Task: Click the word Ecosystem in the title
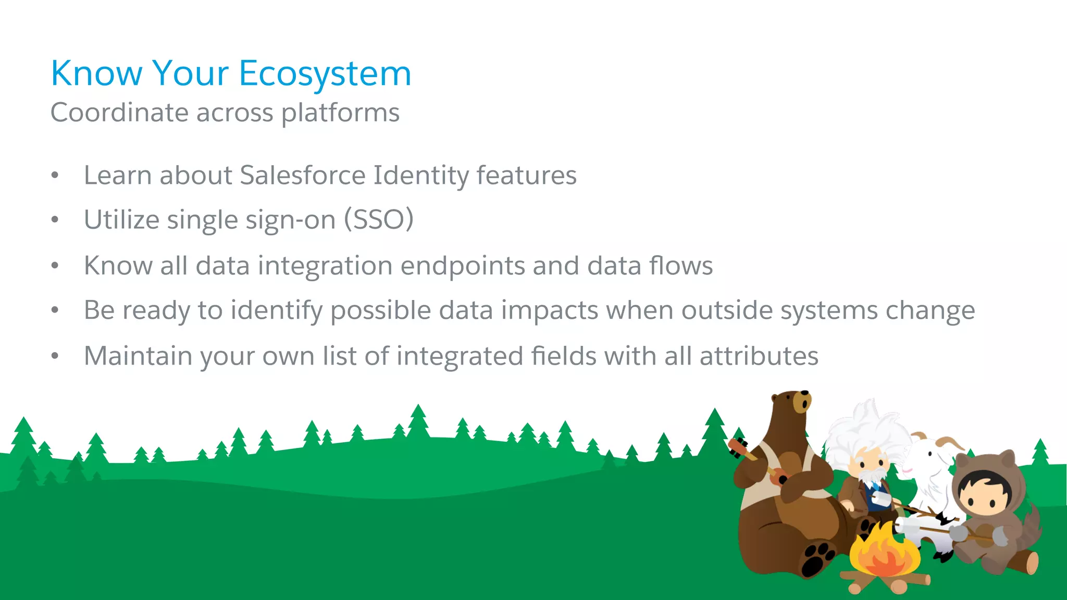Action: (x=325, y=74)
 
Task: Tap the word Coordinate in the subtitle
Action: (x=119, y=113)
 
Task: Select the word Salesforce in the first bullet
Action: (x=303, y=176)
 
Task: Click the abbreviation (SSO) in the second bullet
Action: (x=379, y=219)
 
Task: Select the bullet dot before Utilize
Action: (x=55, y=220)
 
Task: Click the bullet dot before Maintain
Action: (x=55, y=356)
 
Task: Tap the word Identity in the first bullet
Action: (x=421, y=176)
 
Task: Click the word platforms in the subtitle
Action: (x=340, y=113)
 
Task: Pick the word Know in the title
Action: (x=96, y=74)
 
